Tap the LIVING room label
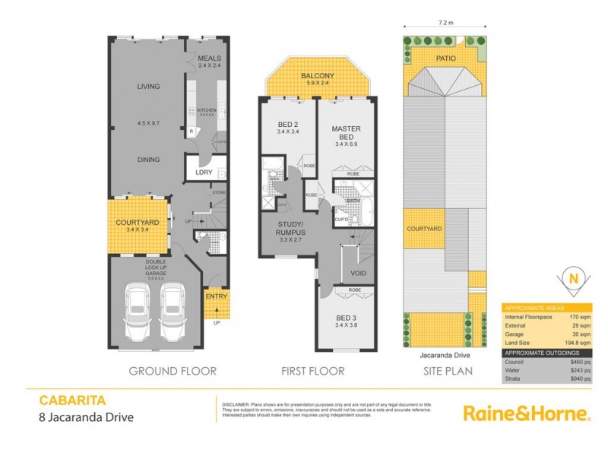coord(147,87)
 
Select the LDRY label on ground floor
coord(203,172)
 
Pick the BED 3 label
coord(346,317)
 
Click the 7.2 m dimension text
coord(445,23)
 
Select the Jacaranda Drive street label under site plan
coord(444,353)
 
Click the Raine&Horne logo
coord(526,413)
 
